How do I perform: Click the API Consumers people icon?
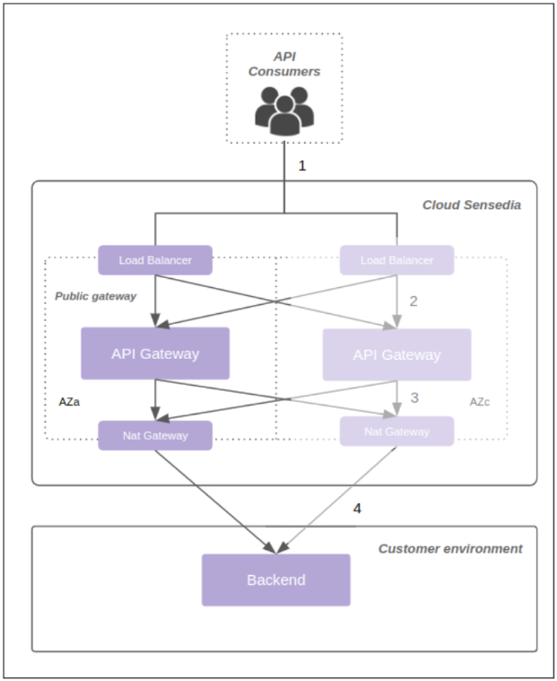pos(284,110)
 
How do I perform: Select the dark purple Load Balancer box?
pos(155,260)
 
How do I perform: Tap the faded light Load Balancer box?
pos(396,260)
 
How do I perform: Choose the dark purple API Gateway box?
pos(155,354)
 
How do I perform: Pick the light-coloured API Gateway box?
pos(396,355)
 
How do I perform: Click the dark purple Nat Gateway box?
pos(155,435)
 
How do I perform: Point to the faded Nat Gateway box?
pos(396,432)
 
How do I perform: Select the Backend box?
pos(275,580)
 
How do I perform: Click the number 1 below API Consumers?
pos(302,166)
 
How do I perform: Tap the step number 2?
pos(413,301)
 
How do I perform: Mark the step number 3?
pos(414,396)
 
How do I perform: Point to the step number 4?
pos(357,508)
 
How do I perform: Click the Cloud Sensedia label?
pos(472,205)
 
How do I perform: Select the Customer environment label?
pos(450,548)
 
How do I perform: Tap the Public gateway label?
pos(95,296)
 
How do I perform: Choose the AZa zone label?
pos(70,402)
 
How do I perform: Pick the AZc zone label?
pos(481,402)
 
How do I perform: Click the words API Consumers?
pos(284,64)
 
